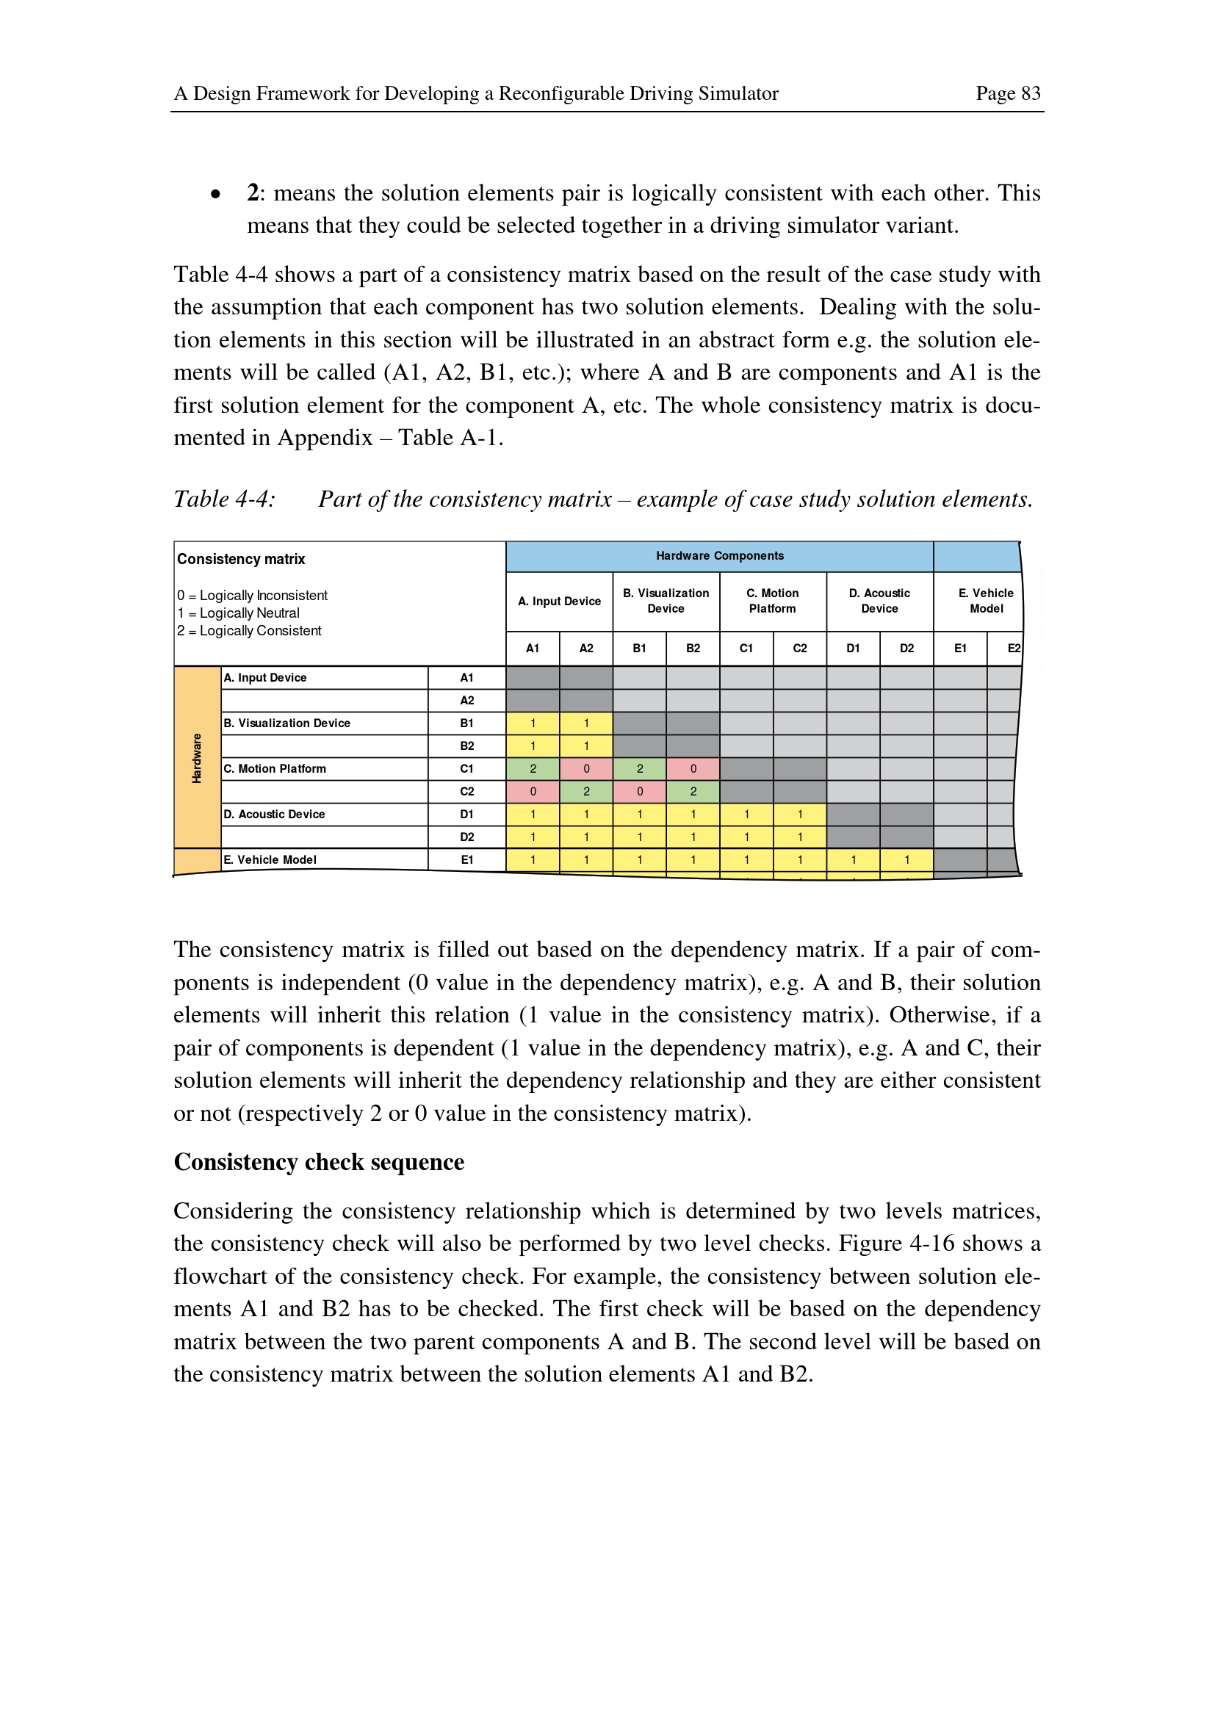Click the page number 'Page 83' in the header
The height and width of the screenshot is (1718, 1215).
point(1007,93)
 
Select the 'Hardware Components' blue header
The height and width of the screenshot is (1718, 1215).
point(719,556)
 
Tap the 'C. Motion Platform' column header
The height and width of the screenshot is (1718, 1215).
point(772,601)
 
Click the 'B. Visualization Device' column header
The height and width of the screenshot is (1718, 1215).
point(665,601)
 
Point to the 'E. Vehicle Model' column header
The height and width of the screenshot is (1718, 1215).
point(985,601)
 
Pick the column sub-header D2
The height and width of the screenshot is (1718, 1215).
point(906,649)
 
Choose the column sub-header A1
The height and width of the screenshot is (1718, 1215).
point(532,649)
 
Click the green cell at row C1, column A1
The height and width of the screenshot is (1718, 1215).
point(532,768)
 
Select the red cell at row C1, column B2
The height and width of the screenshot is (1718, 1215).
point(693,768)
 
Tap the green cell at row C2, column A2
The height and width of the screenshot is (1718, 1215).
point(585,792)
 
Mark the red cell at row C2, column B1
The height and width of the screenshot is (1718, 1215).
point(639,792)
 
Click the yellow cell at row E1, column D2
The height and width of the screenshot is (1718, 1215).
point(906,860)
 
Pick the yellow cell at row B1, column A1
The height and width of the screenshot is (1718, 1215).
point(532,723)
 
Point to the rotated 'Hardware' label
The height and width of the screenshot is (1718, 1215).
point(197,758)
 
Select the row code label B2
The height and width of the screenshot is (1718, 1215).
point(467,746)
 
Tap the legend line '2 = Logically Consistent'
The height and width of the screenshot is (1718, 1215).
point(249,631)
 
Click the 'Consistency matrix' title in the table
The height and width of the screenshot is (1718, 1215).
point(241,559)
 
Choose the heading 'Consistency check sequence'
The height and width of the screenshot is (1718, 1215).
point(319,1162)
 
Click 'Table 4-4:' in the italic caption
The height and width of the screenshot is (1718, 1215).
point(225,499)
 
